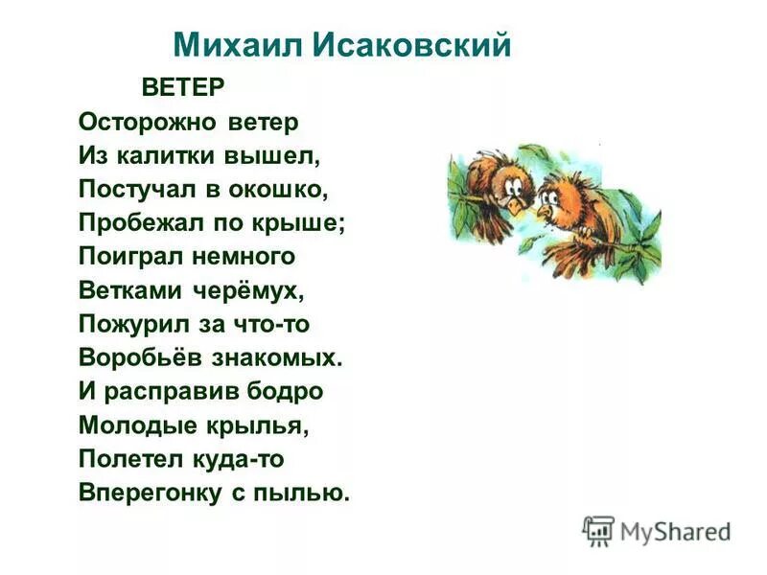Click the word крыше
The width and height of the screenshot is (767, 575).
tap(306, 223)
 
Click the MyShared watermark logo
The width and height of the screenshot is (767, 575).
tap(657, 530)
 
